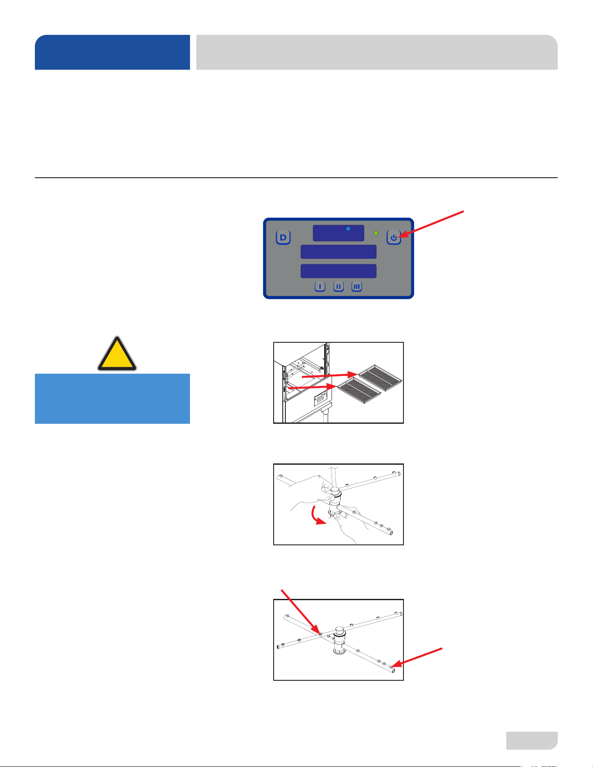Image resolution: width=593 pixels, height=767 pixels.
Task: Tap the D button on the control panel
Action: (283, 237)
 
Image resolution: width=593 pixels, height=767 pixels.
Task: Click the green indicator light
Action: (376, 233)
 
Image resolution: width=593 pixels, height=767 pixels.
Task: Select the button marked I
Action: (320, 287)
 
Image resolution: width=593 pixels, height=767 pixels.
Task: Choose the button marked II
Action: (339, 287)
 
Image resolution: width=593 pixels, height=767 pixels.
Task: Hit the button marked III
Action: (357, 287)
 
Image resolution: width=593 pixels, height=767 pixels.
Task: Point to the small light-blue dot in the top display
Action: (348, 229)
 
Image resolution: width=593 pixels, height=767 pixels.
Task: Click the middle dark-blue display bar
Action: (339, 252)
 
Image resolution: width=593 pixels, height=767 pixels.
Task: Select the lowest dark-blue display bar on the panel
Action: (339, 271)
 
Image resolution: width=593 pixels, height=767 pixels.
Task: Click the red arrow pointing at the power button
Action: (432, 224)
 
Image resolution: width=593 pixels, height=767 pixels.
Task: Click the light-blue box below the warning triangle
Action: (112, 399)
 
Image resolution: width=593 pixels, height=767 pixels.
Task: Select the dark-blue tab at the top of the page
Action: (112, 52)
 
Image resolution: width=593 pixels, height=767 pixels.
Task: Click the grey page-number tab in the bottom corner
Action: (532, 740)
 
